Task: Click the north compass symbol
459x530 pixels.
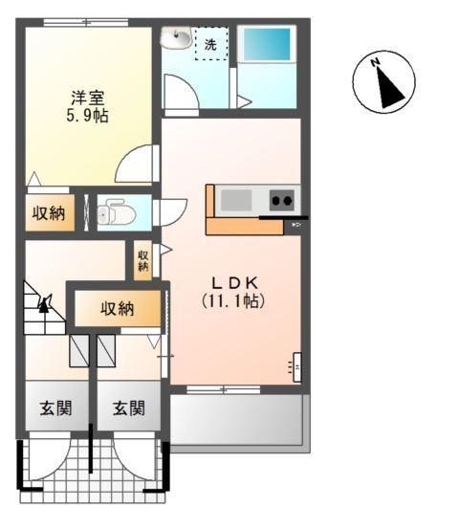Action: tap(384, 82)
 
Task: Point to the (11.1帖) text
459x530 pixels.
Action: tap(232, 299)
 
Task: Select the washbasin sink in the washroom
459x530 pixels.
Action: tap(176, 38)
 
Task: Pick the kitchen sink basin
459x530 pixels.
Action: tap(236, 200)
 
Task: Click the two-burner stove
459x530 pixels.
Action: tap(282, 200)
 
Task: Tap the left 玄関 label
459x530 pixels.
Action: tap(55, 409)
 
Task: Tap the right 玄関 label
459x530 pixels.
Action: tap(128, 409)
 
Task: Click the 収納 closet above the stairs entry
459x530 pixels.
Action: tap(117, 308)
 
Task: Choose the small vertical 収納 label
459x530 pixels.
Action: tap(142, 259)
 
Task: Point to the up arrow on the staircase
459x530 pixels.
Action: tap(44, 304)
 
